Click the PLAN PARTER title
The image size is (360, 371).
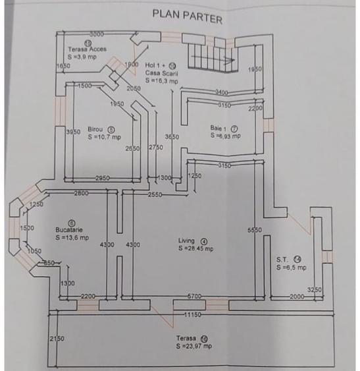point(188,14)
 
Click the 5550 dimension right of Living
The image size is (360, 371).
point(255,230)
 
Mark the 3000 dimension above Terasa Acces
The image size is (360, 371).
point(97,34)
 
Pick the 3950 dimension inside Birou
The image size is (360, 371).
point(73,132)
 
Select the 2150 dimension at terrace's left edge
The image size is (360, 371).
point(57,338)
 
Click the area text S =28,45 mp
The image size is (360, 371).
point(195,249)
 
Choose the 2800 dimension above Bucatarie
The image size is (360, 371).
point(82,192)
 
